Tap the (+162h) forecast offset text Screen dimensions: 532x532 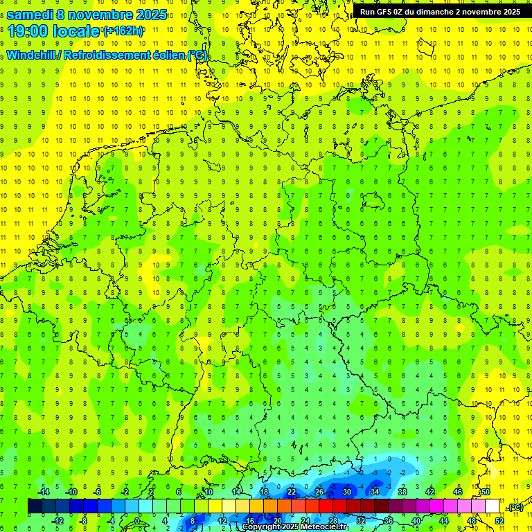click(x=123, y=31)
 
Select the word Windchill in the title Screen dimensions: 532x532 click(x=32, y=55)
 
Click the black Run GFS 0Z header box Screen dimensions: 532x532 click(x=441, y=12)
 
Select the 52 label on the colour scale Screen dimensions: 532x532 click(x=499, y=521)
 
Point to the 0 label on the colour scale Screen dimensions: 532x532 click(x=137, y=521)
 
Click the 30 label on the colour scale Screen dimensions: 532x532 click(x=347, y=492)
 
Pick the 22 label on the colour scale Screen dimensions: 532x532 click(x=292, y=492)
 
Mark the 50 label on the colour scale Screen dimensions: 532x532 click(x=485, y=492)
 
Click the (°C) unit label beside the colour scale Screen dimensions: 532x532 click(x=515, y=508)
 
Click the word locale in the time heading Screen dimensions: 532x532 click(x=80, y=30)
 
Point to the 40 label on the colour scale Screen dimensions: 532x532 click(x=416, y=521)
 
